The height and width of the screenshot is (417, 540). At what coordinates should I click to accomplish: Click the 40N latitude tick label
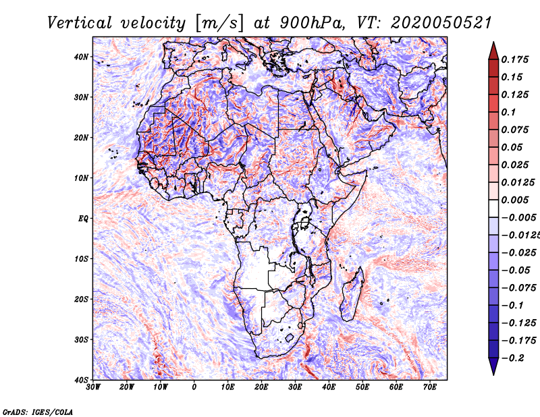point(81,57)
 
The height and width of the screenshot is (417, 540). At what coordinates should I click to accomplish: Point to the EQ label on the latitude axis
point(83,219)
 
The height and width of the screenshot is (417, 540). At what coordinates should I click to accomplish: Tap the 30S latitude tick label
point(81,339)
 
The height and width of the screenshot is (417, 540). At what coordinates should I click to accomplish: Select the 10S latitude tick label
point(81,258)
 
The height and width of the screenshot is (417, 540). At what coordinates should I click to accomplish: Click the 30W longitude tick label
point(93,387)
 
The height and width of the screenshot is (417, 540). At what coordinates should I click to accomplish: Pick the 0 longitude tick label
point(194,387)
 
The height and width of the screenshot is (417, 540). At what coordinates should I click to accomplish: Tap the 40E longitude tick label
point(329,387)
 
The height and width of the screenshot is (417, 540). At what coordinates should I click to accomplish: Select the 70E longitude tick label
point(430,387)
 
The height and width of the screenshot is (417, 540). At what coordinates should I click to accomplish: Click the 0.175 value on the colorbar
point(514,59)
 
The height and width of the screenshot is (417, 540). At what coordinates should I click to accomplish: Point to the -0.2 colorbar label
point(512,358)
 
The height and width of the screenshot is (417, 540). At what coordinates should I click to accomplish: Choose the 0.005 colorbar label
point(514,200)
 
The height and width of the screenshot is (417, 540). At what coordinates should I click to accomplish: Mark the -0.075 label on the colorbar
point(518,288)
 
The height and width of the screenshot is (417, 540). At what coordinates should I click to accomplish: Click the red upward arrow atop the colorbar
point(493,51)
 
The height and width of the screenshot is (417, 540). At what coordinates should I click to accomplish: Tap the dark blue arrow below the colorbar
point(493,366)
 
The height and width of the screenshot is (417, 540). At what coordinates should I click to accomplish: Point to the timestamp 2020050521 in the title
point(441,23)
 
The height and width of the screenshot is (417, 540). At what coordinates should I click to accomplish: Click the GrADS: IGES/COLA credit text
point(38,412)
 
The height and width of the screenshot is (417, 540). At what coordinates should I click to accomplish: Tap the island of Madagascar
point(352,294)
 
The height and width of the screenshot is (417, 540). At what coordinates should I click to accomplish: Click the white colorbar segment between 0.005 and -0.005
point(493,208)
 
